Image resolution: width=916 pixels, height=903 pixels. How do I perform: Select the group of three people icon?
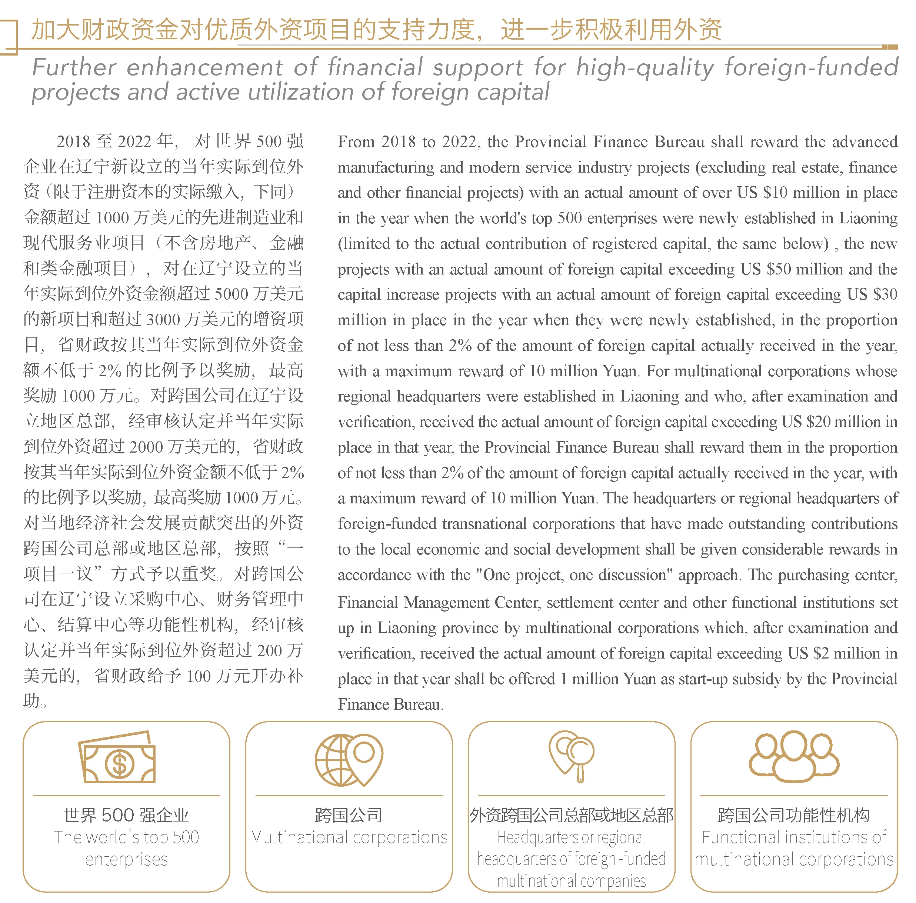tap(794, 757)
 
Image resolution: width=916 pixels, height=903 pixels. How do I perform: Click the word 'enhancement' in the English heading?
tap(204, 68)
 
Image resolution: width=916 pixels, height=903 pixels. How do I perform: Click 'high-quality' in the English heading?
tap(645, 68)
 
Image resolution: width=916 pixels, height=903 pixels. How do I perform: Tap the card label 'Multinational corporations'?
tap(349, 837)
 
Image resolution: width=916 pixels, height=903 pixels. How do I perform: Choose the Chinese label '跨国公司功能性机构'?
tap(794, 815)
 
